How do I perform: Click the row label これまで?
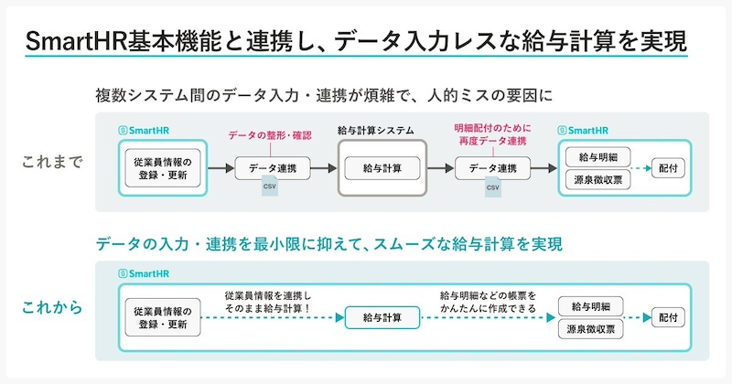pos(52,163)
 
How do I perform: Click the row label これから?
pos(52,307)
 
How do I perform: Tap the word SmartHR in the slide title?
pos(73,41)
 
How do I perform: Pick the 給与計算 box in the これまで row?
pos(382,168)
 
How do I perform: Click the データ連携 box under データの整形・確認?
pos(272,168)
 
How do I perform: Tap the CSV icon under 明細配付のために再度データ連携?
pos(492,188)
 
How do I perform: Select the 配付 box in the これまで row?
pos(667,168)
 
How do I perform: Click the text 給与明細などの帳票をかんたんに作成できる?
pos(488,304)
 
